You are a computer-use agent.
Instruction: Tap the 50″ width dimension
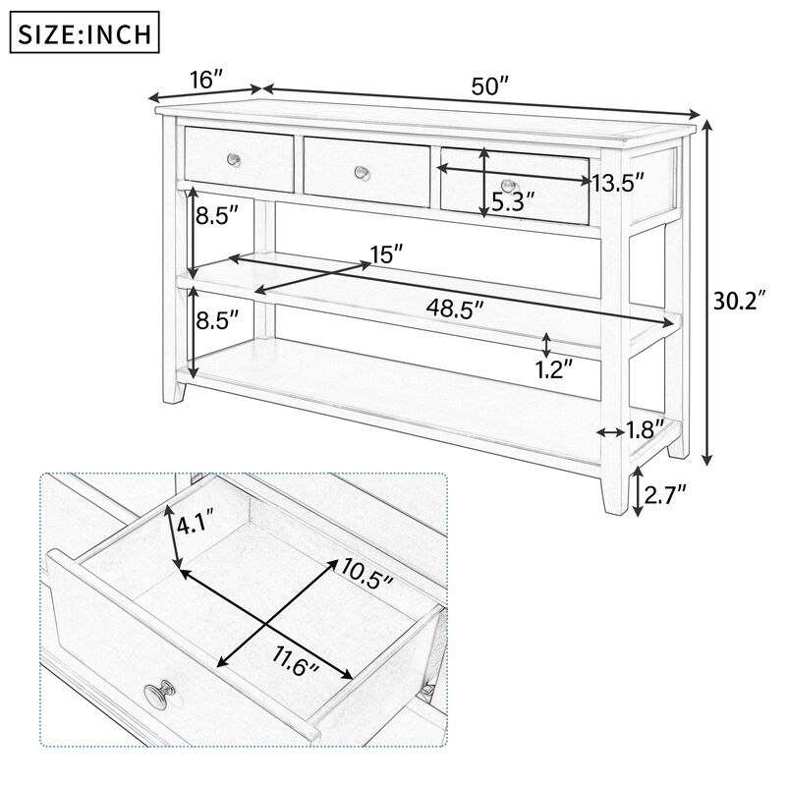point(490,86)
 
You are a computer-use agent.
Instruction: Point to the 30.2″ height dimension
point(739,302)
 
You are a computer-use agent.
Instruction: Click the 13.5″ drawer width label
point(618,182)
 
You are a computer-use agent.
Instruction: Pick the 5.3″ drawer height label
point(513,203)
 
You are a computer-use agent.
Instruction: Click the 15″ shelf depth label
point(387,255)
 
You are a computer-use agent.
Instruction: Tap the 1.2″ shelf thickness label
point(554,369)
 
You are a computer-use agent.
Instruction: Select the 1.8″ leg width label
point(646,428)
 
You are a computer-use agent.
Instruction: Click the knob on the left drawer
point(234,159)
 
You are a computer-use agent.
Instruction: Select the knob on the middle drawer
point(362,173)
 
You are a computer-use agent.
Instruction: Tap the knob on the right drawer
point(508,186)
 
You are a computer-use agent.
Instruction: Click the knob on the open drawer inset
point(158,697)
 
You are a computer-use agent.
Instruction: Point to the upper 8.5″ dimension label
point(217,216)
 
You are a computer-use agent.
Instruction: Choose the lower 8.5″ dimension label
point(217,319)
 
